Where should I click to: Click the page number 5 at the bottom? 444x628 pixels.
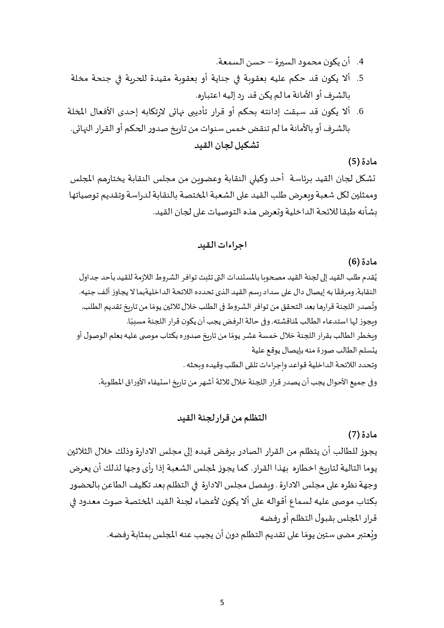coord(222,602)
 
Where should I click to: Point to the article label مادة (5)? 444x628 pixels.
coord(362,162)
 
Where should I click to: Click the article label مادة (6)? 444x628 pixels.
coord(362,262)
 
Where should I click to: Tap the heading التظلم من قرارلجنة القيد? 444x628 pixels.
coord(222,418)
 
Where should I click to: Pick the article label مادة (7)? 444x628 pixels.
coord(362,434)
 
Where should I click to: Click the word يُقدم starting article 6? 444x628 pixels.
coord(371,277)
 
